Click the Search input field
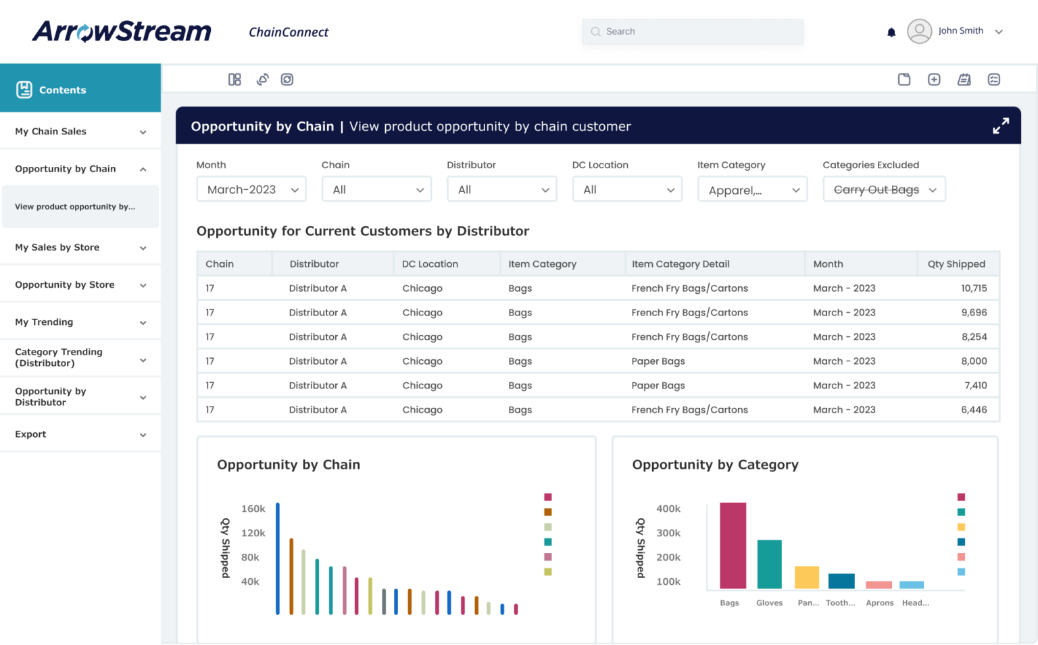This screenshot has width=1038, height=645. coord(692,32)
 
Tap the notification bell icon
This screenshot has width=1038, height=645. coord(891,32)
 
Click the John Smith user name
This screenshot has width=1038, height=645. coord(960,31)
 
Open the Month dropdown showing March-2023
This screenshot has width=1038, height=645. coord(251,190)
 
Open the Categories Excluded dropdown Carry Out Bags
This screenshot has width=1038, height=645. coord(884,190)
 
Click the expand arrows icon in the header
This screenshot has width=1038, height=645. coord(1001,126)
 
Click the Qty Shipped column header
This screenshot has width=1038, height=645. coord(956,264)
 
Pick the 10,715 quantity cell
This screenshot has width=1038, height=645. coord(974,288)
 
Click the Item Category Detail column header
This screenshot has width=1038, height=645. coord(681,264)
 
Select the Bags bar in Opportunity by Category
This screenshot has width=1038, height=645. coord(733,546)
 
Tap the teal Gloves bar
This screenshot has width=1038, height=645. coord(769,565)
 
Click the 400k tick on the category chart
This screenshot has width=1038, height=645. coord(668,509)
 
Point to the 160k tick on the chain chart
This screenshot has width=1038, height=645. coord(253,509)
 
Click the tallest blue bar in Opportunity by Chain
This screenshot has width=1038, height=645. coord(278,558)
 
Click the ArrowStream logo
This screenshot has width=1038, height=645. coord(122,31)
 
